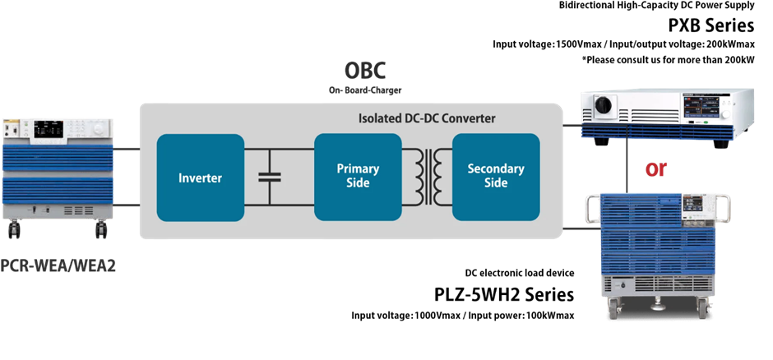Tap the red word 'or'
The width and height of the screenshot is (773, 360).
coord(657,168)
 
